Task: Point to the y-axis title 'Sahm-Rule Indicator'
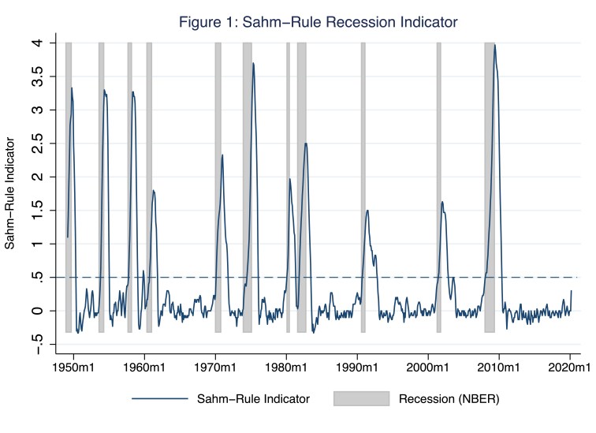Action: coord(10,194)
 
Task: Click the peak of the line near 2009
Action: coord(494,45)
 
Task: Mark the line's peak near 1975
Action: coord(253,63)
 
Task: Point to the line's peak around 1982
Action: coord(306,144)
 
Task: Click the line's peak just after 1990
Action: coord(367,211)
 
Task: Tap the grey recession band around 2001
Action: coord(439,188)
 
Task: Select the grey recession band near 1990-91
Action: coord(363,188)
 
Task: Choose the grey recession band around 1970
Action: coord(218,188)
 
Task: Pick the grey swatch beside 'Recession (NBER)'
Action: coord(361,399)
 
